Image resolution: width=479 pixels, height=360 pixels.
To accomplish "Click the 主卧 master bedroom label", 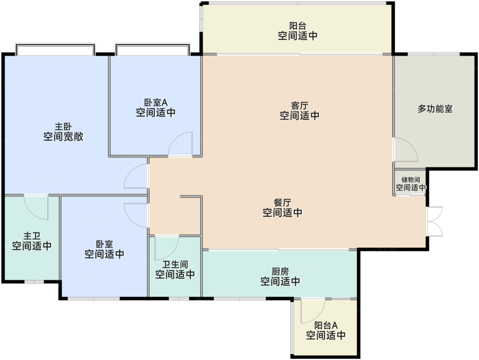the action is tap(63, 127).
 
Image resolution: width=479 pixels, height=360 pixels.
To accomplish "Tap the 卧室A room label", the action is tap(156, 103).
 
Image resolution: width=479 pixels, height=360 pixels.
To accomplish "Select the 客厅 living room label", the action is tap(299, 106).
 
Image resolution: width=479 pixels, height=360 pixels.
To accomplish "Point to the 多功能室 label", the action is tap(435, 109).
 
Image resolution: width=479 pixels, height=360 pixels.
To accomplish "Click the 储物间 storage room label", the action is tap(411, 180).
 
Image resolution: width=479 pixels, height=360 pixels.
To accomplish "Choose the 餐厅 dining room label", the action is tap(282, 203).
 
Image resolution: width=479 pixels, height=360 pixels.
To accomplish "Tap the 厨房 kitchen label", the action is tap(280, 272).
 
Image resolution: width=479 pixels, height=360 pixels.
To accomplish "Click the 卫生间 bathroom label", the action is tap(175, 265).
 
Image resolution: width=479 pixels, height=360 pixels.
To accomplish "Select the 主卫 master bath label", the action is tap(32, 236).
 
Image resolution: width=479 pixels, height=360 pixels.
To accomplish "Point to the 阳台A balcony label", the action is tap(326, 325).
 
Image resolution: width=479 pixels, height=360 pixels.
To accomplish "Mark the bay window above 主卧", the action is tap(55, 49).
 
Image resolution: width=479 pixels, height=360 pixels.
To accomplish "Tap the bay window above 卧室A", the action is tap(153, 49).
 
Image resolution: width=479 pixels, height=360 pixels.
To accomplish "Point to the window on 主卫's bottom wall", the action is tap(34, 282).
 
